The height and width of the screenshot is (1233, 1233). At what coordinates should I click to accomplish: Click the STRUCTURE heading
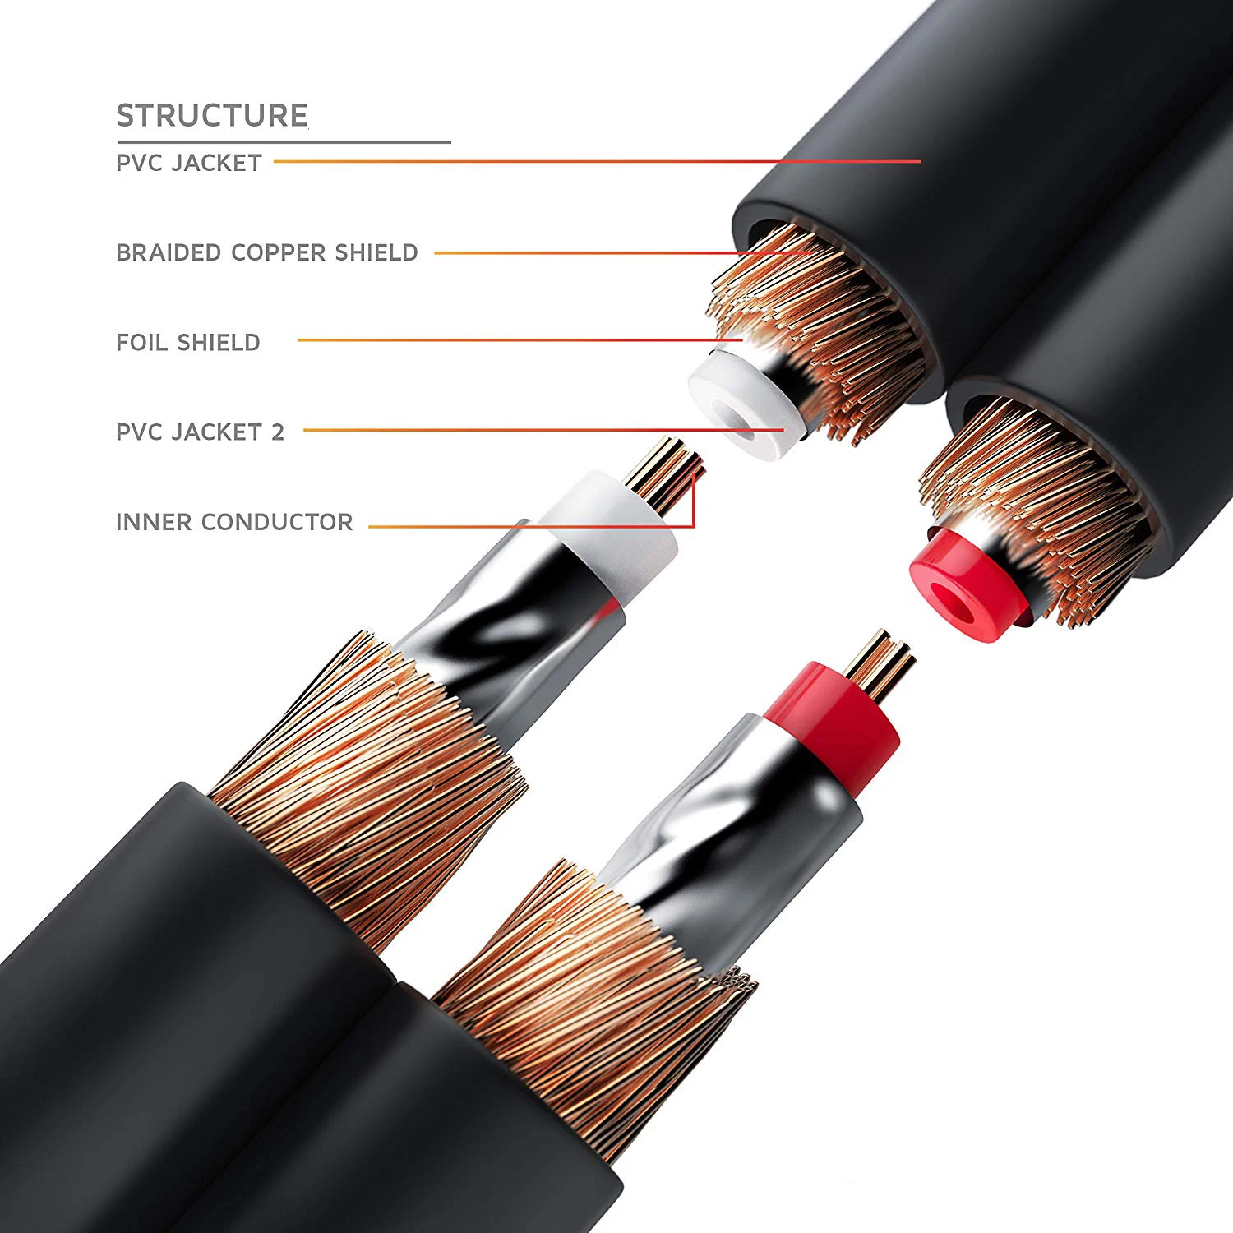click(x=212, y=115)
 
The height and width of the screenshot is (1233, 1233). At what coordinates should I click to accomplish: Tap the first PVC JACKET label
click(x=189, y=163)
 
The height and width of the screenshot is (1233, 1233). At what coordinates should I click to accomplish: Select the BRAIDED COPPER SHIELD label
click(x=267, y=252)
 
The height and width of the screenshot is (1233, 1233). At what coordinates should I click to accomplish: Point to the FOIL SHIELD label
click(x=188, y=342)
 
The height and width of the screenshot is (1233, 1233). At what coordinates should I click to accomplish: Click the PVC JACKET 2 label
click(x=200, y=432)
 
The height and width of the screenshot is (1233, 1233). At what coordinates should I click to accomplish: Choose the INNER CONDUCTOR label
click(x=234, y=522)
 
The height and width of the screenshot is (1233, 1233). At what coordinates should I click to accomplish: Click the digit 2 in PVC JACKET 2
click(x=278, y=432)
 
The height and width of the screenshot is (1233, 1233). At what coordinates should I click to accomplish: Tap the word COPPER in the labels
click(x=279, y=252)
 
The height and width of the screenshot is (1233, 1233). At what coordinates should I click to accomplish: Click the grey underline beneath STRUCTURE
click(x=284, y=142)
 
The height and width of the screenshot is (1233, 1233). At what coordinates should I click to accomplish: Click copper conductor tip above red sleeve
click(x=880, y=666)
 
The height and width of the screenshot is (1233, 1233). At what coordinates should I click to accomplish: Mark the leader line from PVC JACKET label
click(x=592, y=162)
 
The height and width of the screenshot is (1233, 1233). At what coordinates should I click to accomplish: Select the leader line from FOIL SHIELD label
click(x=518, y=339)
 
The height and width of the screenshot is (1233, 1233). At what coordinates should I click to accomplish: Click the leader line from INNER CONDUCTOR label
click(x=526, y=526)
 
